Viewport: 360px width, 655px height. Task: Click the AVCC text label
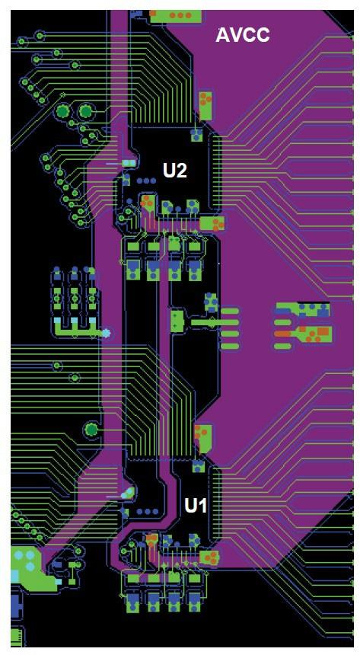click(242, 36)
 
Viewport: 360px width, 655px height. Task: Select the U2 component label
click(174, 171)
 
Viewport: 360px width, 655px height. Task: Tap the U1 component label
click(196, 506)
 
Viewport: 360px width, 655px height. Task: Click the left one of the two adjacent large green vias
click(62, 111)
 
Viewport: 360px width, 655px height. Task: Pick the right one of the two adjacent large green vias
click(85, 111)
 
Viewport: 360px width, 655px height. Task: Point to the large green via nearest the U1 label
click(91, 429)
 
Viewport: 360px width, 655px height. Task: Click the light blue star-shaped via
click(106, 333)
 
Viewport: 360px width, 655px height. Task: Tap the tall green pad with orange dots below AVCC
click(205, 105)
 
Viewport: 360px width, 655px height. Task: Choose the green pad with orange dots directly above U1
click(204, 439)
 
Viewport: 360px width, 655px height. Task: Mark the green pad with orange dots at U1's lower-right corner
click(211, 557)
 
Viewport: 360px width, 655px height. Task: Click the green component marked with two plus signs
click(177, 321)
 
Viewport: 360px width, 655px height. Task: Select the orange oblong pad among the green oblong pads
click(282, 334)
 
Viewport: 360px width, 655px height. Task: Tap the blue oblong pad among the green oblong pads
click(282, 322)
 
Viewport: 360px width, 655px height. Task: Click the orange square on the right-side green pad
click(323, 331)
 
